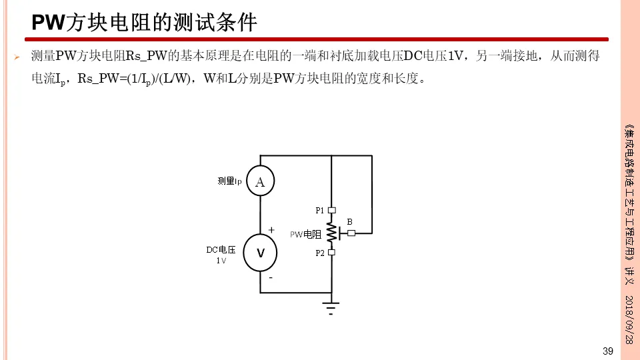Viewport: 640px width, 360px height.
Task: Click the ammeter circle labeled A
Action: coord(260,181)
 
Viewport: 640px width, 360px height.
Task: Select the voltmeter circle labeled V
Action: coord(260,253)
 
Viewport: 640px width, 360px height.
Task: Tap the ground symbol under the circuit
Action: coord(331,307)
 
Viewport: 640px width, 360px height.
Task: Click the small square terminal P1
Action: coord(331,210)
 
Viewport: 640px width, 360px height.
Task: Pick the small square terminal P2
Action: coord(331,253)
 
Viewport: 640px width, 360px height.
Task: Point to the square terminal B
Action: coord(351,233)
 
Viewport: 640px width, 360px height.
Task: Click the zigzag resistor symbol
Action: coord(331,231)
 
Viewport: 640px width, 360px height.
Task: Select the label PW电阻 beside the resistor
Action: coord(305,235)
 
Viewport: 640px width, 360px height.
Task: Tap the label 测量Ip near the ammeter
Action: coord(229,181)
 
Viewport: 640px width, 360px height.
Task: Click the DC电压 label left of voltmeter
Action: coord(221,250)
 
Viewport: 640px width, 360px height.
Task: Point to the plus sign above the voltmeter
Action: coord(271,229)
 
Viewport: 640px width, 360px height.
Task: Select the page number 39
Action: coord(607,351)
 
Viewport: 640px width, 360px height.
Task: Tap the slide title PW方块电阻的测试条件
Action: coord(145,23)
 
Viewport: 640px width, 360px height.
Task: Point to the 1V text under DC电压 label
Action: coord(221,261)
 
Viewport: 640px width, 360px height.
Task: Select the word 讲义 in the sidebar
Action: coord(629,274)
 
